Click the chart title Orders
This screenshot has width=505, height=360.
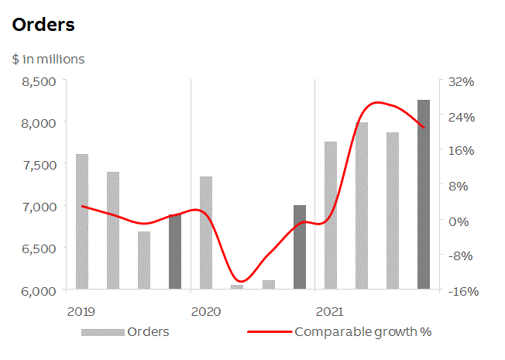click(x=43, y=25)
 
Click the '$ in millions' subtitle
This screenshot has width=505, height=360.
click(x=48, y=59)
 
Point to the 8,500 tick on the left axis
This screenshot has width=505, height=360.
click(x=40, y=81)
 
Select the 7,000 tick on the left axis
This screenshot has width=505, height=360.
click(x=40, y=207)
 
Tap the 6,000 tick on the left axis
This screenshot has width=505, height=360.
click(x=40, y=290)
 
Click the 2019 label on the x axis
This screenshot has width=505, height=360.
click(x=81, y=311)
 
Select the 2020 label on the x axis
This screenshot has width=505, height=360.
click(x=205, y=311)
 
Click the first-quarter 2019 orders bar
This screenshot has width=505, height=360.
click(x=82, y=222)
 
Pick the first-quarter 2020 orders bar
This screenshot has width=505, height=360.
click(x=206, y=233)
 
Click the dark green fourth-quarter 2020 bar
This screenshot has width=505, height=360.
click(x=300, y=248)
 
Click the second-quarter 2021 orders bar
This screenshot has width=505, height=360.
click(x=362, y=206)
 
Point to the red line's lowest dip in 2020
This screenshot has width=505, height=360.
click(x=241, y=281)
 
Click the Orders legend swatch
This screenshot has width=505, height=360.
click(x=103, y=332)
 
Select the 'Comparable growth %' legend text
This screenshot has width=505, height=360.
click(x=362, y=332)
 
